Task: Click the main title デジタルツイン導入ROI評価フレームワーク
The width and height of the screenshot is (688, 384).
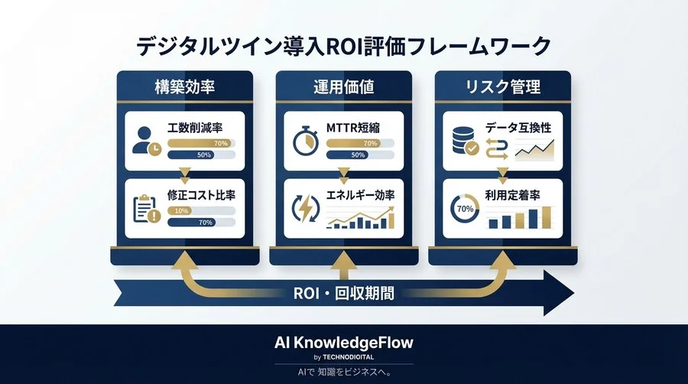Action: pyautogui.click(x=343, y=45)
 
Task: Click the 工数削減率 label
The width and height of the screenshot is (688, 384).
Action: pyautogui.click(x=200, y=127)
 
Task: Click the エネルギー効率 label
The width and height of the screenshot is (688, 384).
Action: pyautogui.click(x=362, y=196)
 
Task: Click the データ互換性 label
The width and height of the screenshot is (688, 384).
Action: pyautogui.click(x=518, y=128)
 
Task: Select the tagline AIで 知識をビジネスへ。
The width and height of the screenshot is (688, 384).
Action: pyautogui.click(x=343, y=371)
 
